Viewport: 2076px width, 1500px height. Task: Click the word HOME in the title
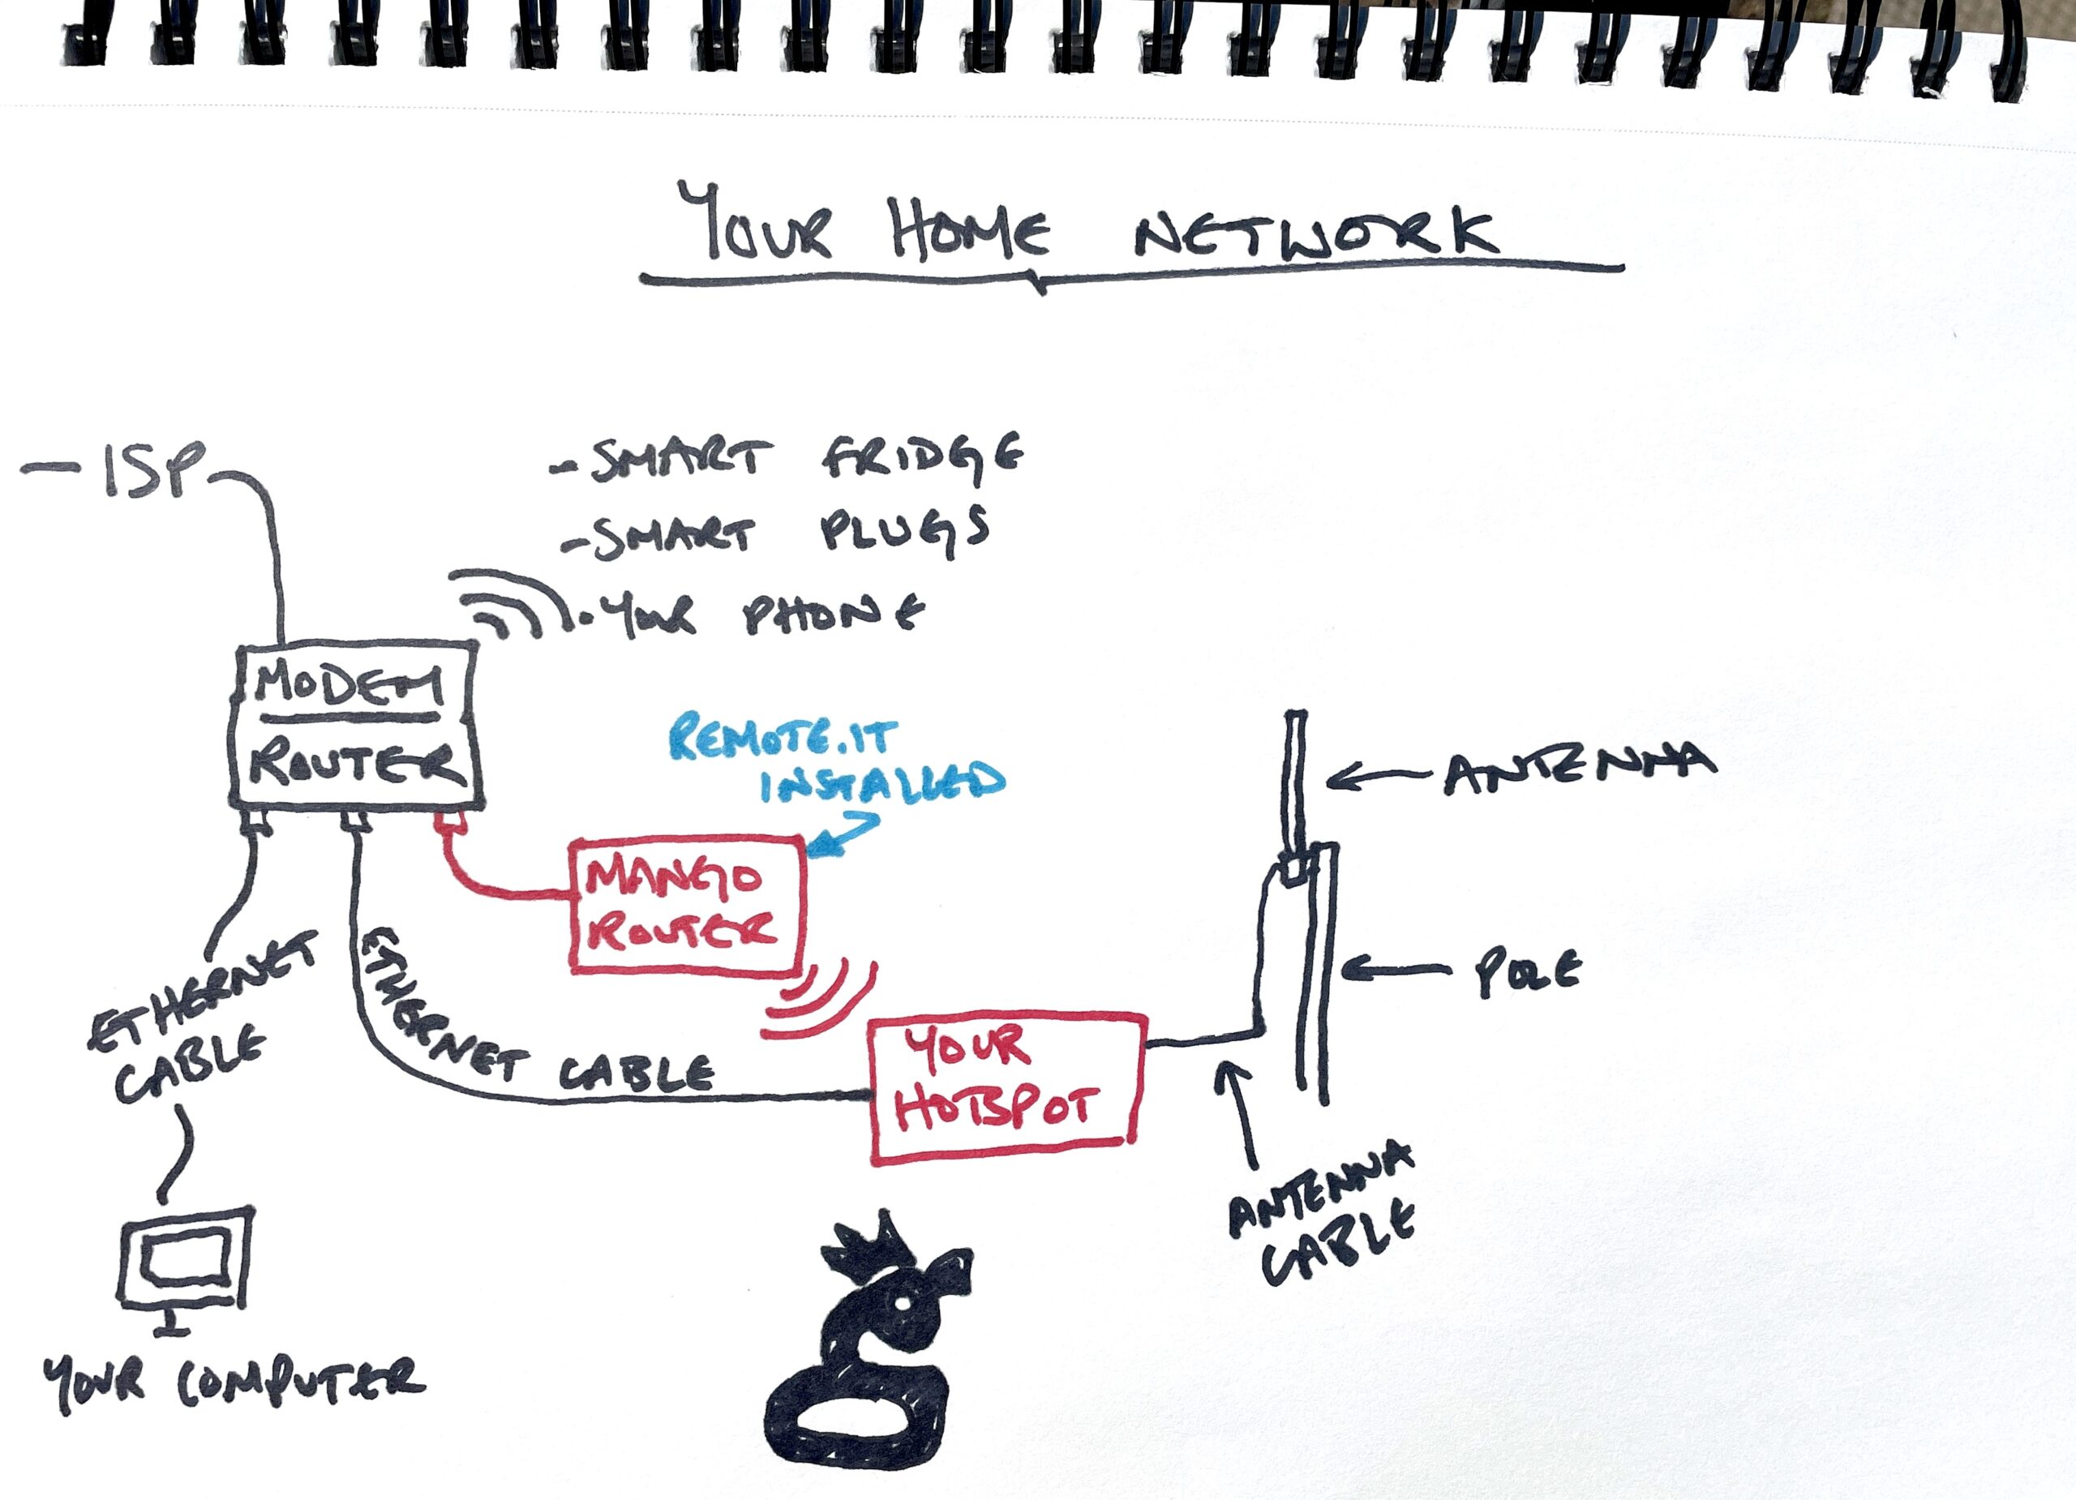pyautogui.click(x=970, y=229)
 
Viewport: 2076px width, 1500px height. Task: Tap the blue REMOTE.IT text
pyautogui.click(x=783, y=739)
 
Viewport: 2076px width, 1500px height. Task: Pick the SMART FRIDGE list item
pyautogui.click(x=787, y=455)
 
